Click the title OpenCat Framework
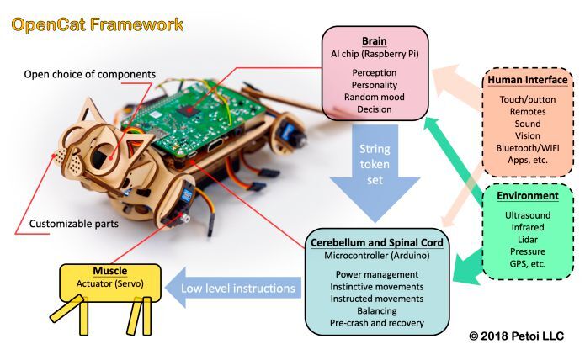[98, 24]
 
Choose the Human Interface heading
[526, 81]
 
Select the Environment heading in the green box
[527, 196]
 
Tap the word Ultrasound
[527, 215]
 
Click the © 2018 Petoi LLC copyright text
[516, 336]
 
